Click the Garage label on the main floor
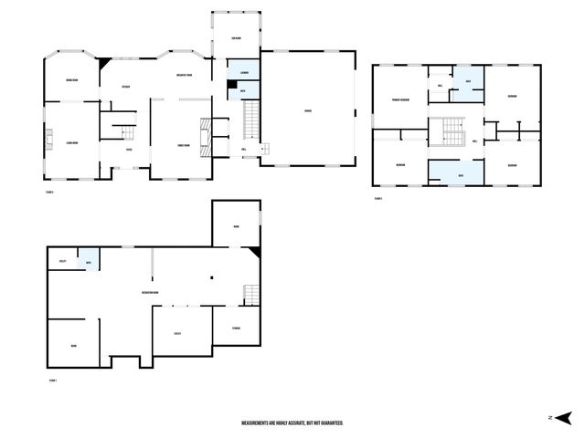pyautogui.click(x=308, y=111)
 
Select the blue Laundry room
pyautogui.click(x=244, y=72)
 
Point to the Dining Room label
pyautogui.click(x=70, y=82)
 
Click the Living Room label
pyautogui.click(x=70, y=143)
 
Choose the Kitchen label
pyautogui.click(x=126, y=88)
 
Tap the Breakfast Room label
pyautogui.click(x=183, y=76)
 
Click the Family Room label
pyautogui.click(x=183, y=145)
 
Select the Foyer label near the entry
pyautogui.click(x=128, y=149)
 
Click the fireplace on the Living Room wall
pyautogui.click(x=48, y=139)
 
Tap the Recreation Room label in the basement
pyautogui.click(x=151, y=292)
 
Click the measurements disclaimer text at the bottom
pyautogui.click(x=292, y=423)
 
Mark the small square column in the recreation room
pyautogui.click(x=211, y=278)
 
